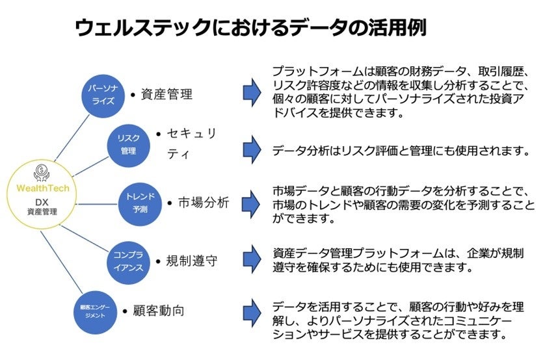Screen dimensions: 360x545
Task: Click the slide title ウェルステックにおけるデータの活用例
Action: pyautogui.click(x=251, y=28)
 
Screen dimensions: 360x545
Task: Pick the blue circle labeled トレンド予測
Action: pyautogui.click(x=139, y=200)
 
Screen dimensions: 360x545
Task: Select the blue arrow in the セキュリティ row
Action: pyautogui.click(x=251, y=150)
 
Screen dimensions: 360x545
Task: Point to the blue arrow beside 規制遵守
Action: pyautogui.click(x=251, y=259)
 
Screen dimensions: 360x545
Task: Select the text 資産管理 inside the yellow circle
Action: pyautogui.click(x=42, y=212)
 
